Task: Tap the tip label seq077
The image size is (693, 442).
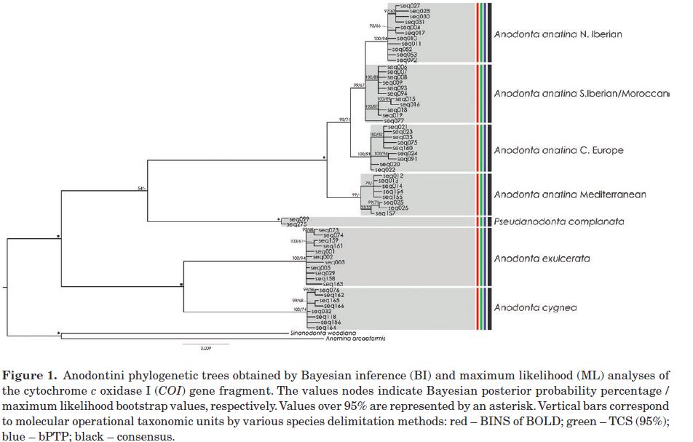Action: tap(394, 121)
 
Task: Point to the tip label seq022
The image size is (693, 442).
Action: tap(385, 170)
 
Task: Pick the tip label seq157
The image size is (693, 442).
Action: tap(385, 213)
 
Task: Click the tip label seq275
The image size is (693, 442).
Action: tap(299, 224)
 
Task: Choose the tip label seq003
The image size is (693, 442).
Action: tap(334, 262)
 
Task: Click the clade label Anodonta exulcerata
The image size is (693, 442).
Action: tap(542, 259)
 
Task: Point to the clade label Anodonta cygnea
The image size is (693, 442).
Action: tap(535, 308)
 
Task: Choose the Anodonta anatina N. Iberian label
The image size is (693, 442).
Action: tap(558, 34)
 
